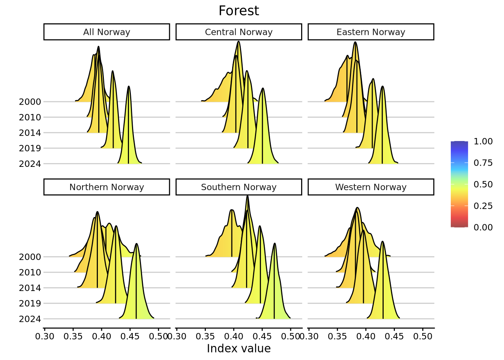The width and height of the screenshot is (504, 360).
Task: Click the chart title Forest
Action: [238, 11]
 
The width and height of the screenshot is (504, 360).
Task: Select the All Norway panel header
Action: [106, 32]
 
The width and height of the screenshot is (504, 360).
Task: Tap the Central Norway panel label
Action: [238, 32]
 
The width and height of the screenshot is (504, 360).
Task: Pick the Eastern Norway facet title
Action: [370, 32]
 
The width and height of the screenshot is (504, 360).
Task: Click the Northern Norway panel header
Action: [106, 187]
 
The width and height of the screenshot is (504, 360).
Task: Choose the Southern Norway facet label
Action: [238, 187]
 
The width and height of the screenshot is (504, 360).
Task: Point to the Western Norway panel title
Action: [370, 187]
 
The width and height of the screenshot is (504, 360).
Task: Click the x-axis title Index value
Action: [238, 349]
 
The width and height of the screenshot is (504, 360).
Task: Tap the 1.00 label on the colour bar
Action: [483, 141]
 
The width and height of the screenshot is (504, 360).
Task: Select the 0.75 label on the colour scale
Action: [483, 163]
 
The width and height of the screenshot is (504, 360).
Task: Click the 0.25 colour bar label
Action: [483, 206]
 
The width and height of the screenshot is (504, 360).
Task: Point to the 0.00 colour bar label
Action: [483, 227]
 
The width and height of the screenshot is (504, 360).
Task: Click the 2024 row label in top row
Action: [30, 164]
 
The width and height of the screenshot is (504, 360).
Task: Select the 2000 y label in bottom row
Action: [30, 257]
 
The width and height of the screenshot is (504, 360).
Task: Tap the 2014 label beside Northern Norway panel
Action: [30, 288]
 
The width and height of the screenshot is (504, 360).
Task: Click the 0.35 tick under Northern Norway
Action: [73, 336]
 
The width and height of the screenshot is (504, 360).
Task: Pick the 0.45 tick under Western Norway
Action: [394, 336]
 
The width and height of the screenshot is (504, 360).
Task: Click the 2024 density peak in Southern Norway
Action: [274, 244]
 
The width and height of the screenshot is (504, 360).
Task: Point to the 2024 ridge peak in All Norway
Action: [129, 87]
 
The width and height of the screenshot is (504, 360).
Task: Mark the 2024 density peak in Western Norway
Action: [382, 241]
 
